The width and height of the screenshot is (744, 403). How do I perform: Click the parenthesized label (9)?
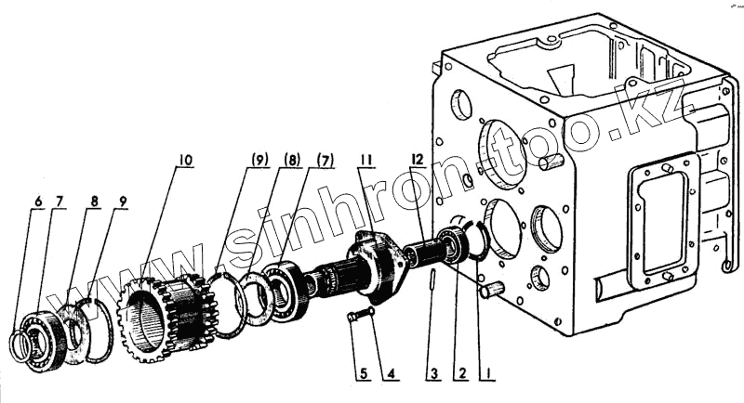pyautogui.click(x=258, y=161)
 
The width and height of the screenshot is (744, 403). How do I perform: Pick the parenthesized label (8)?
pyautogui.click(x=290, y=161)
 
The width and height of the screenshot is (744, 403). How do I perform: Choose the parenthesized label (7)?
pyautogui.click(x=325, y=161)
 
